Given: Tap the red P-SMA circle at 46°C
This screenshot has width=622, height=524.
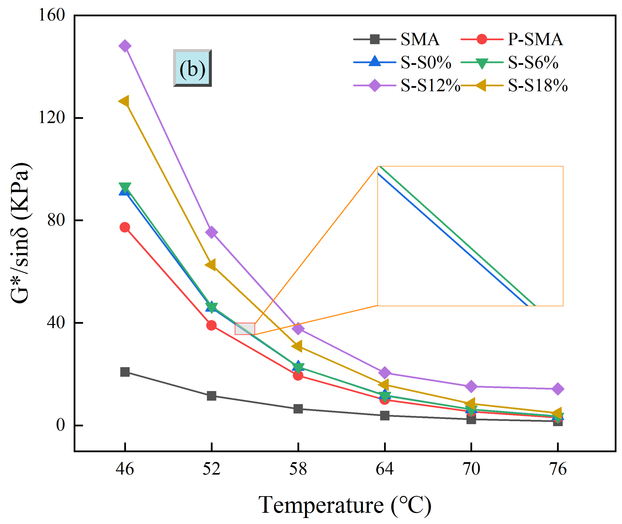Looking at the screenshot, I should [x=125, y=227].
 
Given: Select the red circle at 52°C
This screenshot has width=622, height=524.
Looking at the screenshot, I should [x=211, y=325].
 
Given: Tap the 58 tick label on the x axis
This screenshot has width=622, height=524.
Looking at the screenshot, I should [x=298, y=469].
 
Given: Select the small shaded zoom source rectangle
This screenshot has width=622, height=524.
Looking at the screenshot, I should [x=245, y=329].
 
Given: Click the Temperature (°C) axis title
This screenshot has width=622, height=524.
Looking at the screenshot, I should [x=344, y=505].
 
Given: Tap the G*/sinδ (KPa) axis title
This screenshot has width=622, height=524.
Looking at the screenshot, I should [x=20, y=233].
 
